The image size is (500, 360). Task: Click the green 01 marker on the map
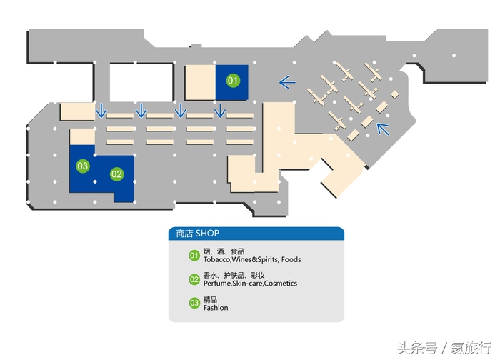232,81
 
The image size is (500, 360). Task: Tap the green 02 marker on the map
116,174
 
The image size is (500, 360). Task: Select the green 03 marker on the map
83,166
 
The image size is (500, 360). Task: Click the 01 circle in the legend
194,256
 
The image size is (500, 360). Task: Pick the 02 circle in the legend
194,279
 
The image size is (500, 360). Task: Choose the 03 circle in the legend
194,303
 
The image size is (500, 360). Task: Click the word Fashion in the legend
216,308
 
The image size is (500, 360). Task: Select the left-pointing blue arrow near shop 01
287,83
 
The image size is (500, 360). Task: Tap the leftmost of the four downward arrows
101,110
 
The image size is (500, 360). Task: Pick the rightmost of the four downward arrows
221,110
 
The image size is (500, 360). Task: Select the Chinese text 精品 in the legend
210,299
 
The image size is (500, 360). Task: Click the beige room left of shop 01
200,83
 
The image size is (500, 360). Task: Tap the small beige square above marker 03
81,138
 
